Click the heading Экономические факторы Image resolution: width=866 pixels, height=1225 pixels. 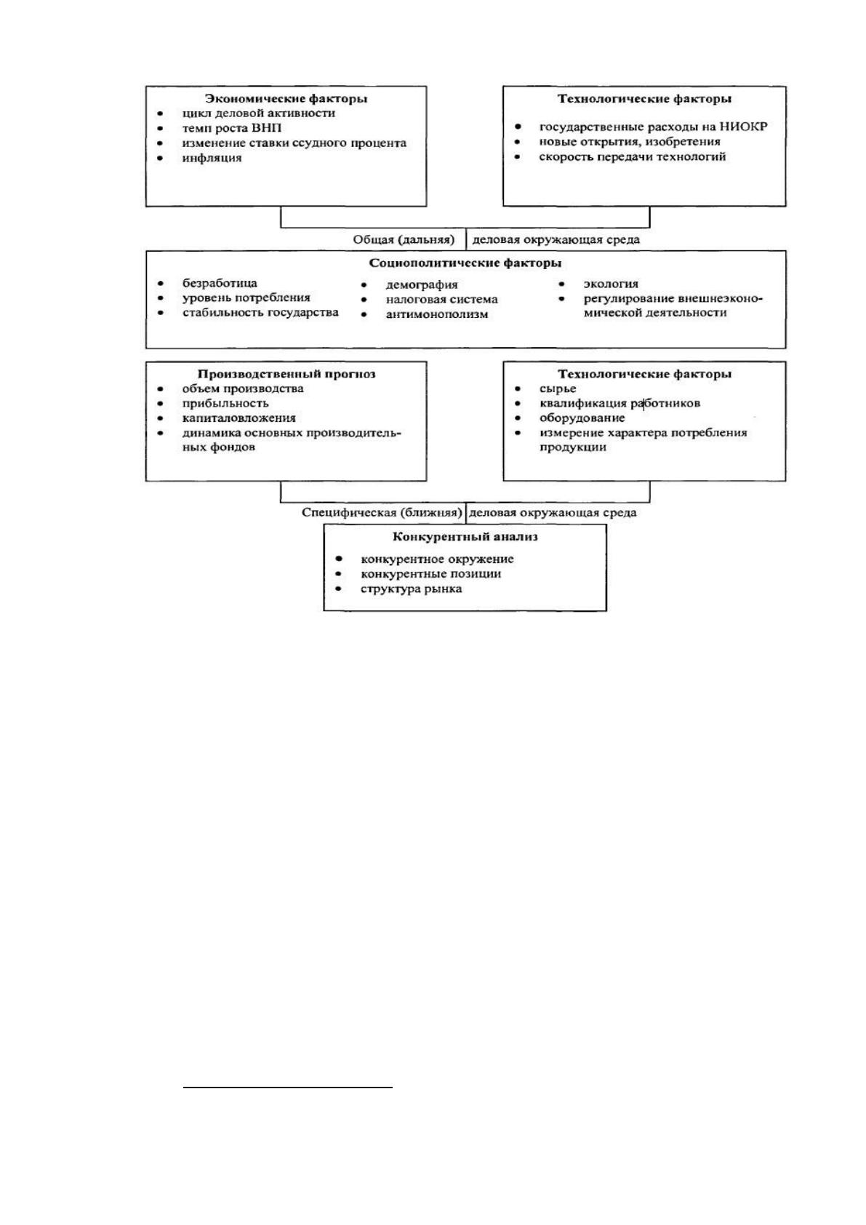click(286, 98)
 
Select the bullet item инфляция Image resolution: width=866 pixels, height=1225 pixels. click(212, 158)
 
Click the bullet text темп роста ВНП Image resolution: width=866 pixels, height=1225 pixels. click(232, 129)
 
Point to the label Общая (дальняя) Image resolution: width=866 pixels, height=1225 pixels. click(404, 239)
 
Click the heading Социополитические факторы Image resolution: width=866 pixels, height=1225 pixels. click(465, 263)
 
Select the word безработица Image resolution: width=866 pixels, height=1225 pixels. click(220, 283)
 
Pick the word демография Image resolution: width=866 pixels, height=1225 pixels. click(422, 285)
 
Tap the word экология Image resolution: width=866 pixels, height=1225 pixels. click(611, 284)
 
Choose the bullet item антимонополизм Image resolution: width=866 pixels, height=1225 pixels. click(437, 314)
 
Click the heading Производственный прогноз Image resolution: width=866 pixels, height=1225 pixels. click(286, 374)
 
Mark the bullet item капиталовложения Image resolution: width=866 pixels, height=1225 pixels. click(239, 418)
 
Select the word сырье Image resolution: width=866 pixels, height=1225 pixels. click(558, 389)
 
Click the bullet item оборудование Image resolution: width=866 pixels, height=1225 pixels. click(582, 418)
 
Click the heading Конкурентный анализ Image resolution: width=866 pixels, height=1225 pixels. click(465, 537)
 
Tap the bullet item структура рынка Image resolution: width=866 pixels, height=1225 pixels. click(411, 589)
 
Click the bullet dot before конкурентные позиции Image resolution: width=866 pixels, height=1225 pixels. click(339, 574)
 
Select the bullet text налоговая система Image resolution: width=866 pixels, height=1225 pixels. click(442, 300)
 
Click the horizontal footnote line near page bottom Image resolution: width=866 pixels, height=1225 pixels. click(287, 1088)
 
